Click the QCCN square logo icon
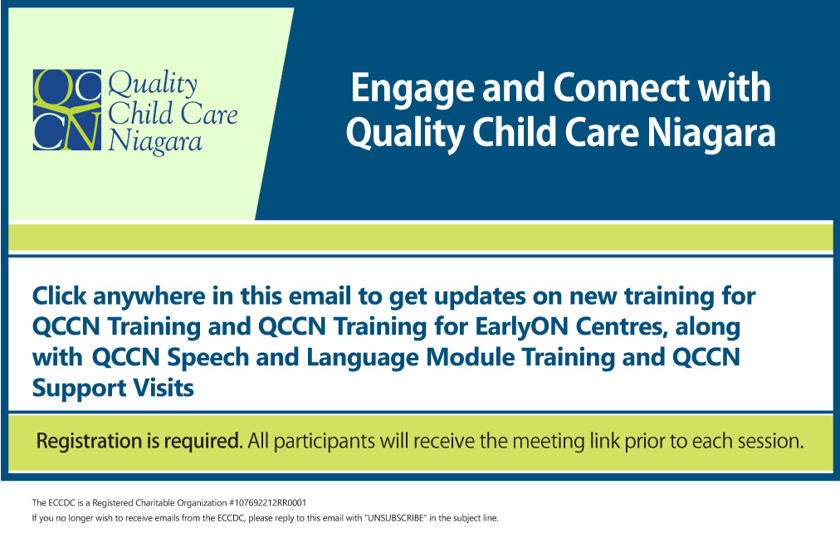pos(67,110)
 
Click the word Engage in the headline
pos(413,89)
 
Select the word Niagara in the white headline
pos(711,134)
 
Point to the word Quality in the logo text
pos(153,85)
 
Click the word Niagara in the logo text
pos(155,143)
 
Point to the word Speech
pos(208,358)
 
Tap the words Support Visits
pos(113,388)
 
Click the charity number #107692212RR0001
pos(267,503)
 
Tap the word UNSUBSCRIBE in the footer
pos(395,518)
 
